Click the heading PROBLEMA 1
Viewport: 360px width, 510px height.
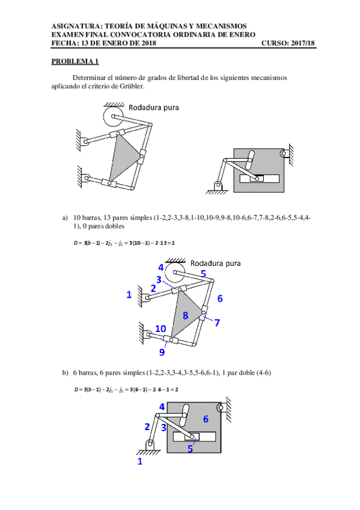(75, 61)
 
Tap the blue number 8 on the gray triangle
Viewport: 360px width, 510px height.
(185, 315)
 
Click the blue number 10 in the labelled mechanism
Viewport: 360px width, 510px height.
(160, 328)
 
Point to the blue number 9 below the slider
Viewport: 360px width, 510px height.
(162, 352)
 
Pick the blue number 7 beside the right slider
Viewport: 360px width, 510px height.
(217, 322)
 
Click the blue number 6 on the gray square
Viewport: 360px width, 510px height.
(206, 419)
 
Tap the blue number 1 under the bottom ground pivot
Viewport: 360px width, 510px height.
(140, 461)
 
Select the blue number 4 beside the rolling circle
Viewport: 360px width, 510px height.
(161, 268)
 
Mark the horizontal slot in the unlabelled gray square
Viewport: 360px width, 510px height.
(259, 178)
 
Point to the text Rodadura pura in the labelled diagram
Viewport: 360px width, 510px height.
(215, 263)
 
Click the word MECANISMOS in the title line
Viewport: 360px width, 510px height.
(221, 26)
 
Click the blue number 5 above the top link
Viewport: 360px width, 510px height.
(203, 274)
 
